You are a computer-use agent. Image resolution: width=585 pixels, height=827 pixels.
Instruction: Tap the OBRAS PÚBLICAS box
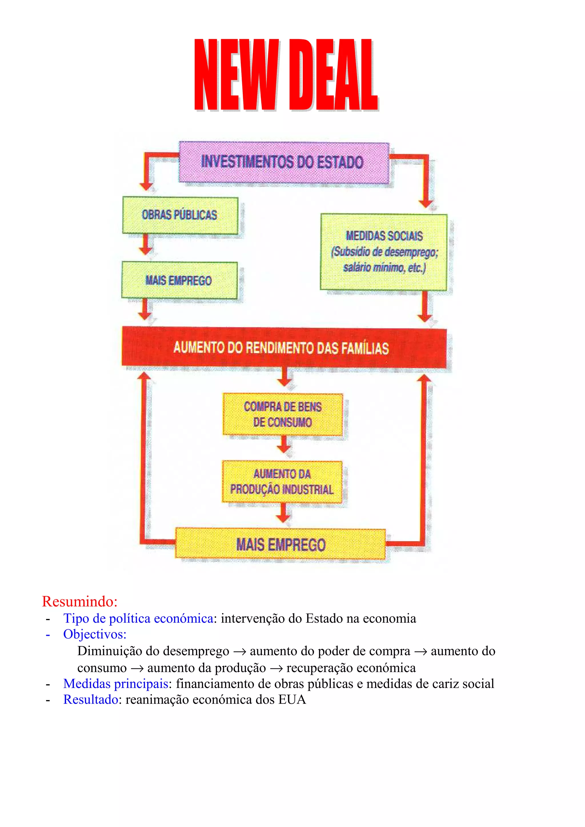click(180, 215)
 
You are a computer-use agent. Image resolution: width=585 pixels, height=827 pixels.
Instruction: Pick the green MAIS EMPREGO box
click(179, 280)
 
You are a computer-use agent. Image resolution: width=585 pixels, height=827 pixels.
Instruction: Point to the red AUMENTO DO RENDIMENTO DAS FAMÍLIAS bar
click(284, 348)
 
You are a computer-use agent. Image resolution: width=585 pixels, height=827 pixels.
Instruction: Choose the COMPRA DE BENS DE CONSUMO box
click(283, 414)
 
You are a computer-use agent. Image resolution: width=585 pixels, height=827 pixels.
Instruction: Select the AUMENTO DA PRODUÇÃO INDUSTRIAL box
click(282, 482)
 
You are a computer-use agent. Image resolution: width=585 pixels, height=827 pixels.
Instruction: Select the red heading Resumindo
click(80, 602)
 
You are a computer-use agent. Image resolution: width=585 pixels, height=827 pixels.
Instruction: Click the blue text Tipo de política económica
click(138, 618)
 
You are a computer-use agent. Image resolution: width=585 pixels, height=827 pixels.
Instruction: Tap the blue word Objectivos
click(95, 634)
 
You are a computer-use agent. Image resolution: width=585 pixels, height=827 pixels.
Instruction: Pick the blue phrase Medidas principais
click(116, 684)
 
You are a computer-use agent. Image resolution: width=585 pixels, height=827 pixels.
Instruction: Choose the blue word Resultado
click(91, 699)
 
